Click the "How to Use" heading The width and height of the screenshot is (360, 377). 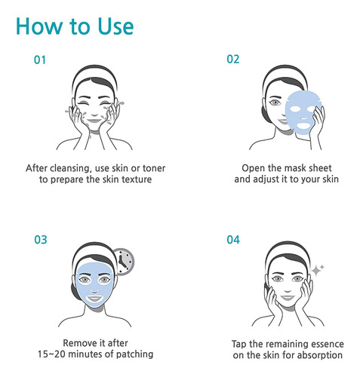tap(75, 26)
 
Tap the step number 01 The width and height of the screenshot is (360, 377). tap(40, 60)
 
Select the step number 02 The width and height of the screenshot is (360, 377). tap(233, 60)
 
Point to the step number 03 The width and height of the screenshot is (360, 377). tap(41, 240)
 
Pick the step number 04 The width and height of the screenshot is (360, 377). tap(233, 240)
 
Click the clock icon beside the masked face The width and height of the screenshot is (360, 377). tap(123, 262)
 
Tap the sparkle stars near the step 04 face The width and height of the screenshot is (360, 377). tap(318, 270)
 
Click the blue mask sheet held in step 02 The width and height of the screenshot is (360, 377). tap(303, 112)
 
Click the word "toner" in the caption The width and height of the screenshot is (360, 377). tap(154, 168)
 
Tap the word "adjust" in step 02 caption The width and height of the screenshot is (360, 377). tap(265, 179)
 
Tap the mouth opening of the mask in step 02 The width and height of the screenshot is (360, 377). tap(304, 125)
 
